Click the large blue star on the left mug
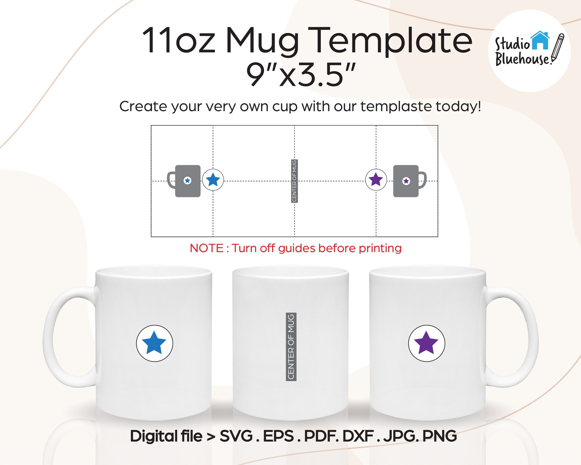(154, 343)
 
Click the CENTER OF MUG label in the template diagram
(294, 181)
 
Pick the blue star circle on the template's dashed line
(213, 180)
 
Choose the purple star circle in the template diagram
(376, 180)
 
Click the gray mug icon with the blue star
(184, 181)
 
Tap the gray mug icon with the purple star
(410, 181)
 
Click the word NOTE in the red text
(207, 248)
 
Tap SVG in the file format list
(236, 436)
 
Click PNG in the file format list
(440, 436)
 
